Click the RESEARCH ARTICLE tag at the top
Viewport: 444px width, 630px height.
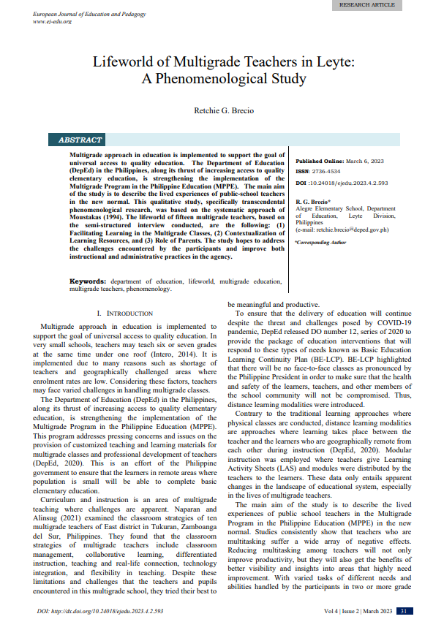(x=366, y=5)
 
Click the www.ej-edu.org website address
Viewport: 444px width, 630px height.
(x=52, y=22)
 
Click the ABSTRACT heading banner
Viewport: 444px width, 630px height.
(x=80, y=140)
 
